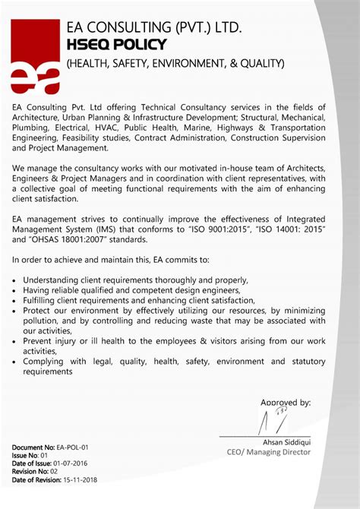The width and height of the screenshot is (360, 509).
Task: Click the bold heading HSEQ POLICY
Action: click(x=115, y=46)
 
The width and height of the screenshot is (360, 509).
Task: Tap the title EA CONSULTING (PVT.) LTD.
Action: click(x=154, y=28)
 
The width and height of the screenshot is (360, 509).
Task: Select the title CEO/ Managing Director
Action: click(x=269, y=452)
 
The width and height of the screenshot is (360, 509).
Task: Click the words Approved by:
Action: click(x=286, y=402)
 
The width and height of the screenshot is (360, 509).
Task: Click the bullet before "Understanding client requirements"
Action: click(x=15, y=280)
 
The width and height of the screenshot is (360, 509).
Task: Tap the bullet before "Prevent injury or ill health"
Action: click(x=15, y=342)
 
